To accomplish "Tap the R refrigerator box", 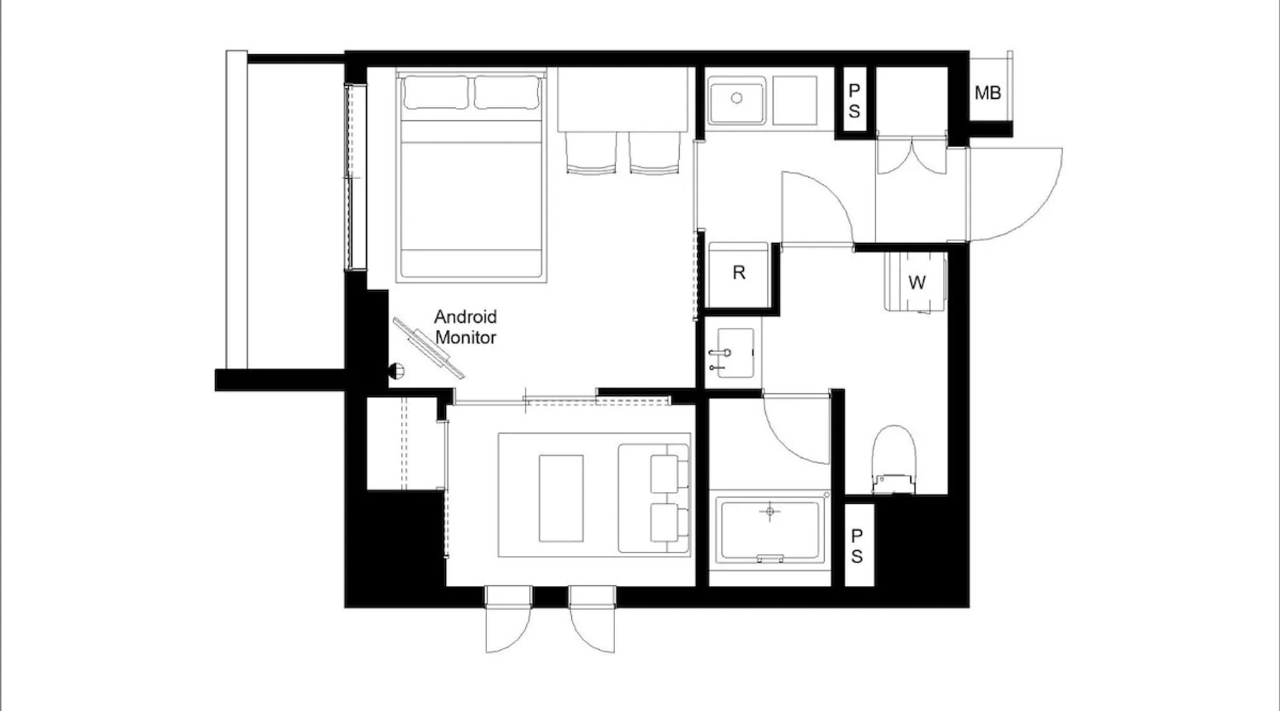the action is point(739,273).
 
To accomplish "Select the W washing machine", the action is point(917,282).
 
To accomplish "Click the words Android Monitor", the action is point(465,327).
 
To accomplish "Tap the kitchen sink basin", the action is point(737,102).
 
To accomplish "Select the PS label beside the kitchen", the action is point(854,100).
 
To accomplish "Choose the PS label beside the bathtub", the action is point(858,545).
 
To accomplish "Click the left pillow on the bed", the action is point(435,92).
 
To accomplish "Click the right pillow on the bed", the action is point(507,92).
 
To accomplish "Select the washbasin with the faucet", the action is point(732,353).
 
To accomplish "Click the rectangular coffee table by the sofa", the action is point(561,498).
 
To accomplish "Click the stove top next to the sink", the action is point(794,100).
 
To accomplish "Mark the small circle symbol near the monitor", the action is point(397,370).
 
